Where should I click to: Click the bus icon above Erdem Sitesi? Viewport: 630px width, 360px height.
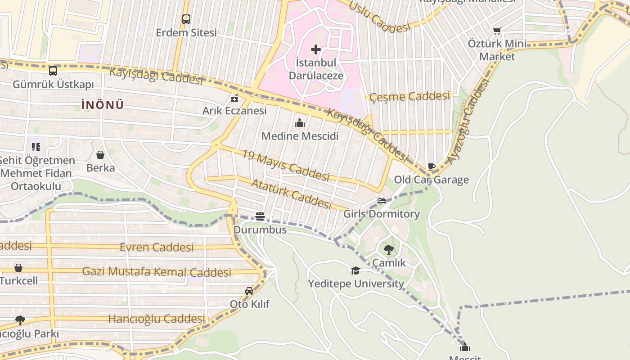pos(186,19)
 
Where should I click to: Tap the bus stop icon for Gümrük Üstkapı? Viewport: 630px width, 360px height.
pos(53,71)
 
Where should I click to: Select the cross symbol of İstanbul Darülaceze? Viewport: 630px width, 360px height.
pos(316,49)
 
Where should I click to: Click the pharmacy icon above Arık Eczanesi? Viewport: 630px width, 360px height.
pos(234,98)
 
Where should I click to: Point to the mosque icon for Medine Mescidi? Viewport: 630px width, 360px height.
pos(300,123)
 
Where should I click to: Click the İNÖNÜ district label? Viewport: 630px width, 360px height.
pos(103,105)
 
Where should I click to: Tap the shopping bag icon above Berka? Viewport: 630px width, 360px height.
pos(100,155)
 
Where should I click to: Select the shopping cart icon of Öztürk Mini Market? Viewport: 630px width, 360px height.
pos(497,31)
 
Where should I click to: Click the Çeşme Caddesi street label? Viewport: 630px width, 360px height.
pos(409,96)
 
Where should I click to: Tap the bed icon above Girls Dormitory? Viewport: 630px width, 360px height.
pos(382,201)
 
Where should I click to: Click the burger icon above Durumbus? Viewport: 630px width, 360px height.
pos(260,216)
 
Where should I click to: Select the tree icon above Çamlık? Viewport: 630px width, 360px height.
pos(389,249)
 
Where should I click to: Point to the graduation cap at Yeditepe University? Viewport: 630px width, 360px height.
pos(355,270)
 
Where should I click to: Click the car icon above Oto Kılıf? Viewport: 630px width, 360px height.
pos(249,291)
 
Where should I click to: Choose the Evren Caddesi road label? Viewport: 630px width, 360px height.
pos(157,247)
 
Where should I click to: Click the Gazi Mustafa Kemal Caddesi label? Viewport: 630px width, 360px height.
pos(157,272)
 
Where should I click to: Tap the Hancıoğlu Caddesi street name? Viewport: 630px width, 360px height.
pos(157,319)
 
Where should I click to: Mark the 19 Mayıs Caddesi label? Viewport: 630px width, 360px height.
pos(286,166)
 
